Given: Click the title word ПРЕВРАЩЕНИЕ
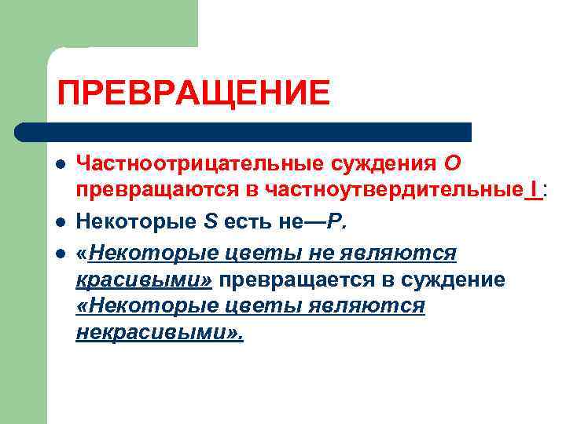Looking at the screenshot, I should coord(193,93).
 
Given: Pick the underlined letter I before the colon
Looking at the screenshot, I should coord(535,191).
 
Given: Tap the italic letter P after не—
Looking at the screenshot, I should coord(336,222).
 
